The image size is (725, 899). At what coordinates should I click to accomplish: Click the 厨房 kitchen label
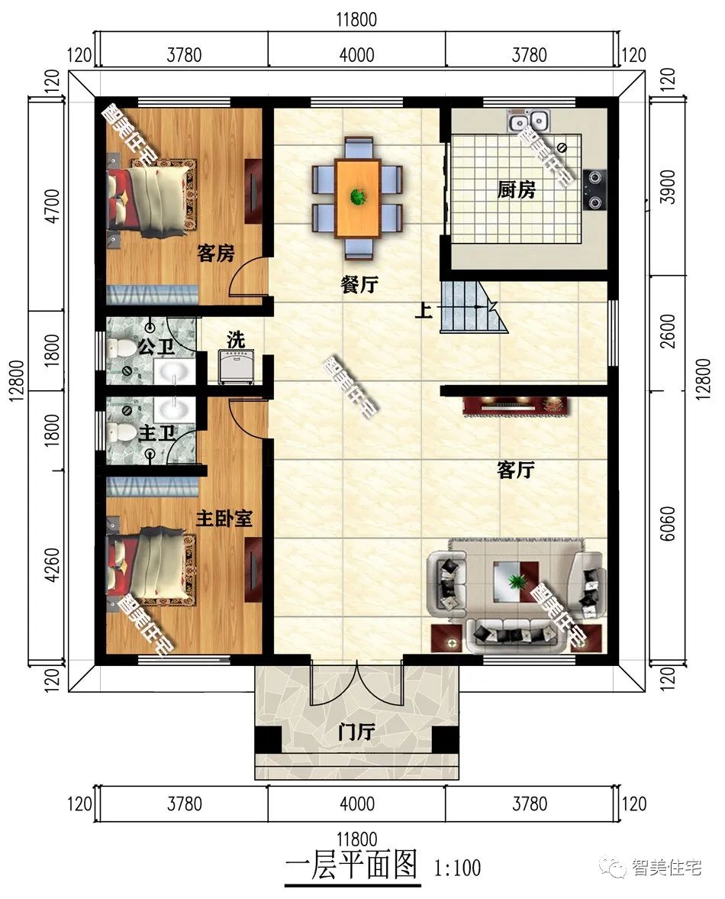tap(516, 189)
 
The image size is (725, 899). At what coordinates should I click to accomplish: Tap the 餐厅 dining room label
tap(359, 284)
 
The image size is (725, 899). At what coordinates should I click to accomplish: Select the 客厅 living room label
tap(515, 471)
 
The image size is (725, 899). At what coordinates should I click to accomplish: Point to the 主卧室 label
tap(224, 519)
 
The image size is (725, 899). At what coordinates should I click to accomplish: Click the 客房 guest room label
tap(216, 253)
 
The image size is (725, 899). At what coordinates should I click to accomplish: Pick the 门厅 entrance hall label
tap(356, 732)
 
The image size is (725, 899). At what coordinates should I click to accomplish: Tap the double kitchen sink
tap(528, 121)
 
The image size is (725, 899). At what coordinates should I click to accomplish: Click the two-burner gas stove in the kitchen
tap(594, 189)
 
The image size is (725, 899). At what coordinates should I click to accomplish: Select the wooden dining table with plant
tap(358, 199)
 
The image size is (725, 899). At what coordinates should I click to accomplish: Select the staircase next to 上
tap(474, 307)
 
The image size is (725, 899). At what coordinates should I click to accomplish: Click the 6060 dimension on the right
tap(668, 523)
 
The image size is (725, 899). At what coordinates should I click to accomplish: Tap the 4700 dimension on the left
tap(52, 206)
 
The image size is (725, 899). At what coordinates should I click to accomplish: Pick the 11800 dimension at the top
tap(356, 20)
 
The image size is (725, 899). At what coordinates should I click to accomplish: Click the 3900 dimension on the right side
tap(668, 187)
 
